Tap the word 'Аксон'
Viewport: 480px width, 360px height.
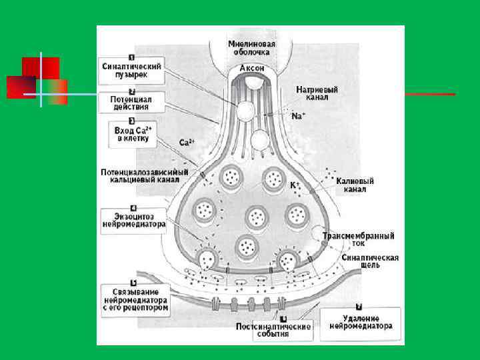pos(252,68)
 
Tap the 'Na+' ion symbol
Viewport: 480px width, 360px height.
pos(298,115)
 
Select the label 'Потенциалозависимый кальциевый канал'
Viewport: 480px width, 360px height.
pos(144,175)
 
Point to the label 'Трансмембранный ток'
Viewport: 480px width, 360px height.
pos(358,239)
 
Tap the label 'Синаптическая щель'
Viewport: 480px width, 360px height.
pos(369,261)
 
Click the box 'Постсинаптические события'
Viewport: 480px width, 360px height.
pos(273,330)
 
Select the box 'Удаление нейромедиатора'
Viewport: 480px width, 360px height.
pos(360,323)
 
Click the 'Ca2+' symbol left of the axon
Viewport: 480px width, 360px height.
pos(186,142)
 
